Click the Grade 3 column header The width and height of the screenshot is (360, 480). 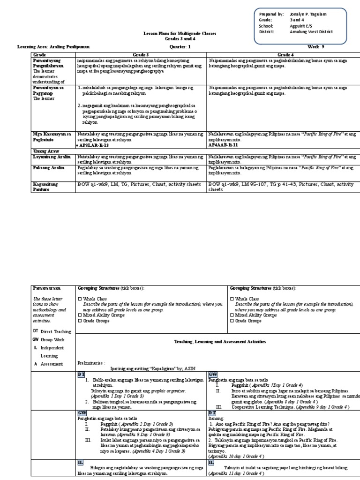[141, 55]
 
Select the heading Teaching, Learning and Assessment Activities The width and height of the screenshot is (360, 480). [218, 342]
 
